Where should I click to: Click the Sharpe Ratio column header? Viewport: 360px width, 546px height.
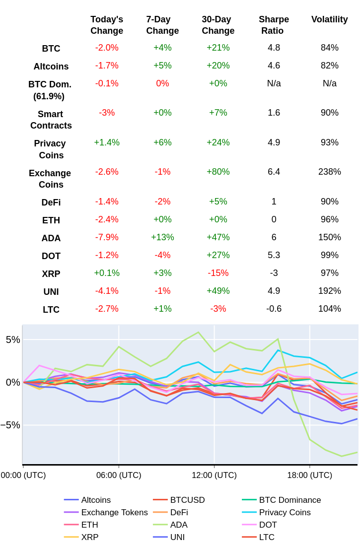(x=274, y=25)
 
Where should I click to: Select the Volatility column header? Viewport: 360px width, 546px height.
(x=329, y=19)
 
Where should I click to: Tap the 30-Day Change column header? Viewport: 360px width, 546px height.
(x=217, y=25)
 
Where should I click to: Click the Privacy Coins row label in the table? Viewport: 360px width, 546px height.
(x=50, y=149)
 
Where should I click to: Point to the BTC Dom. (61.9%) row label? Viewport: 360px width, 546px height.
(x=50, y=90)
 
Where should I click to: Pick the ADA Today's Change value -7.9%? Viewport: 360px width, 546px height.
(x=107, y=237)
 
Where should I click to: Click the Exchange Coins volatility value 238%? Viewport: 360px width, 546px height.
(x=329, y=172)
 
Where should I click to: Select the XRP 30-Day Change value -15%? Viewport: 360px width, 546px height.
(x=218, y=273)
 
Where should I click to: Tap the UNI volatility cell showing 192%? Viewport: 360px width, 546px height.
(x=329, y=291)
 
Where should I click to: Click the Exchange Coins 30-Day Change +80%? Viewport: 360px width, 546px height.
(x=218, y=172)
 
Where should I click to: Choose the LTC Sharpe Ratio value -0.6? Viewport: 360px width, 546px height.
(x=274, y=309)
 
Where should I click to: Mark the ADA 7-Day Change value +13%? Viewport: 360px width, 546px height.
(x=162, y=237)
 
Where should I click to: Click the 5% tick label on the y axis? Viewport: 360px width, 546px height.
(x=13, y=340)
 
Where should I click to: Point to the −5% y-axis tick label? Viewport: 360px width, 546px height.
(x=10, y=425)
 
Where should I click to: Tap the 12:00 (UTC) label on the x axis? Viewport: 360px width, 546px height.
(x=214, y=475)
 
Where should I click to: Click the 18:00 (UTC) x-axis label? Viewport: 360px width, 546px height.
(x=309, y=475)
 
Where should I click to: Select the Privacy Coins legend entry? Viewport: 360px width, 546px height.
(x=285, y=512)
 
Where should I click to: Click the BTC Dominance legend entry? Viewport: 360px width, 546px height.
(x=289, y=500)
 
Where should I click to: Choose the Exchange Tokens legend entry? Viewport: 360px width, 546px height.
(x=114, y=512)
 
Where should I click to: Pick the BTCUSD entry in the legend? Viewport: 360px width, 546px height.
(x=187, y=500)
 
